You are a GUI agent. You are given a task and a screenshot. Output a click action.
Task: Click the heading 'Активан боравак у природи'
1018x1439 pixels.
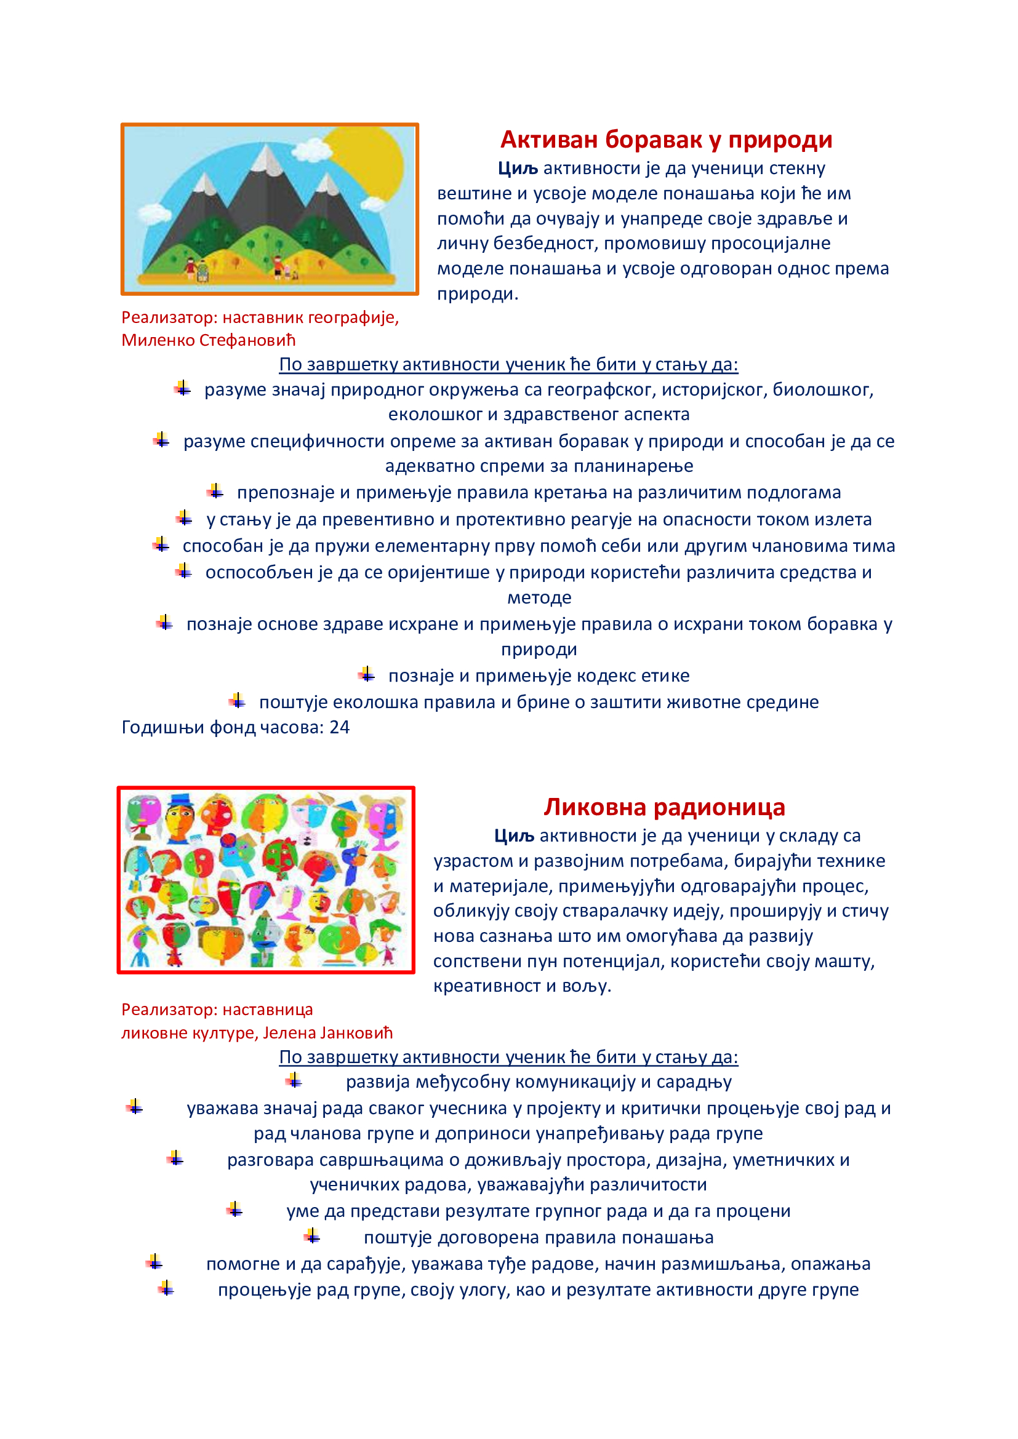666,140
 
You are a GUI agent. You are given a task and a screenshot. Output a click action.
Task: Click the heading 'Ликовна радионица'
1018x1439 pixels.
664,807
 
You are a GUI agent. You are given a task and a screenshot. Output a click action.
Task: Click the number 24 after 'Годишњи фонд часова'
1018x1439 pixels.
339,727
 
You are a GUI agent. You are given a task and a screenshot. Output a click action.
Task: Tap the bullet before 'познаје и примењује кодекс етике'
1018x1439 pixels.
367,675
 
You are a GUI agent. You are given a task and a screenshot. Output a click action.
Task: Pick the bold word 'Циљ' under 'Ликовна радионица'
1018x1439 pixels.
513,835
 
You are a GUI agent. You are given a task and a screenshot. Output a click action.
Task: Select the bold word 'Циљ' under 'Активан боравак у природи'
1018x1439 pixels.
518,168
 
